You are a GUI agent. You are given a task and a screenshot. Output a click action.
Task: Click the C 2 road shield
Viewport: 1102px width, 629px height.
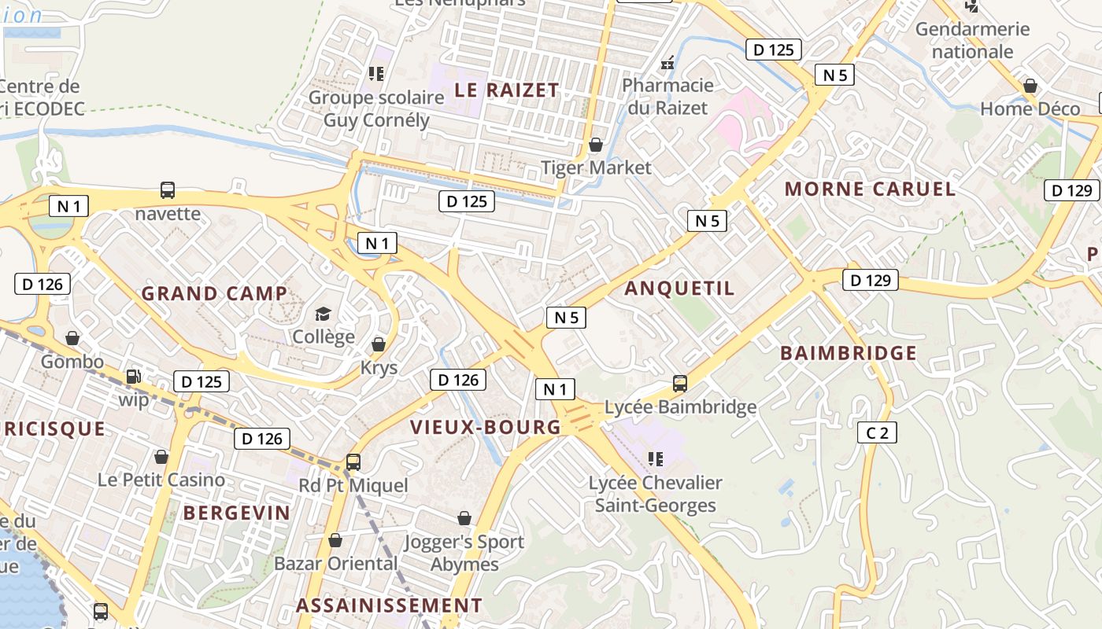pos(877,432)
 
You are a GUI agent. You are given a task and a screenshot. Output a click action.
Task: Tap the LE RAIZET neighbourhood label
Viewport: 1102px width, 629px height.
pos(506,90)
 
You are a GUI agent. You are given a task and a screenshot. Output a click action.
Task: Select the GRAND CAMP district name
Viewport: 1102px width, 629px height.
pos(214,293)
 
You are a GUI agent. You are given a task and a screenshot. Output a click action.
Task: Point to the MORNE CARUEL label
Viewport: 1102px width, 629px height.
pos(870,189)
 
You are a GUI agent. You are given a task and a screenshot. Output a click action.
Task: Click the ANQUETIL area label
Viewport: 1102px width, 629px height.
pos(679,289)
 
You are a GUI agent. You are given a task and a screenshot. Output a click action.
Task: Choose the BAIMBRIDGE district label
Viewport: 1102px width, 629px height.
pos(849,353)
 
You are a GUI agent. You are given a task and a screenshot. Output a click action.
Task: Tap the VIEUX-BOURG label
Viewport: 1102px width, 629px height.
pos(486,427)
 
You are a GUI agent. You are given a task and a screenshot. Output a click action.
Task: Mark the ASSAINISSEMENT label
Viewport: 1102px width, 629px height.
pos(389,605)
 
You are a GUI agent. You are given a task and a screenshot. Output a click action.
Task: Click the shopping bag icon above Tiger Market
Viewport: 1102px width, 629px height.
pos(596,145)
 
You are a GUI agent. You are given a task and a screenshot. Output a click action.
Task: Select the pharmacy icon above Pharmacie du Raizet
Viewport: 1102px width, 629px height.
pos(667,63)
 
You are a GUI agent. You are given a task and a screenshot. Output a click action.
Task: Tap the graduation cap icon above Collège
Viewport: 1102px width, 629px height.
pos(323,314)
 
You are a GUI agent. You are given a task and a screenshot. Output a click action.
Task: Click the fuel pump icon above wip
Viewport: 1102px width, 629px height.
pos(134,377)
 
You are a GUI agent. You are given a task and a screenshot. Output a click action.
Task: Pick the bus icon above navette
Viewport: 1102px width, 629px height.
pos(168,189)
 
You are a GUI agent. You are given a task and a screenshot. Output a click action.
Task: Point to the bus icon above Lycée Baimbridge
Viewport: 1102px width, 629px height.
pos(680,384)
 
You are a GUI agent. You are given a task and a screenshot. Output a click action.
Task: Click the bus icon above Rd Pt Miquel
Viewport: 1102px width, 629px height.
pos(353,462)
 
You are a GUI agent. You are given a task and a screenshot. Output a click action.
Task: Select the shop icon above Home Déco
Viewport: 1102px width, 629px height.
pos(1030,86)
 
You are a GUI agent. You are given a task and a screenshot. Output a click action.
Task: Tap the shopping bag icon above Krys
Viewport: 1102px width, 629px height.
pos(379,344)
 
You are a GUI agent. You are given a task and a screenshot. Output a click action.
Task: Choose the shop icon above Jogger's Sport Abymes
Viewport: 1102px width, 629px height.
pos(464,518)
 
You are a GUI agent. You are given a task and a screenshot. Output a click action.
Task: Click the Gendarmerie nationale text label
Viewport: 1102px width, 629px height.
pos(972,40)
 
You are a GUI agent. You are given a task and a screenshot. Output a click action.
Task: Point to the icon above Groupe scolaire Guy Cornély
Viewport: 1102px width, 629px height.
pos(376,74)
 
